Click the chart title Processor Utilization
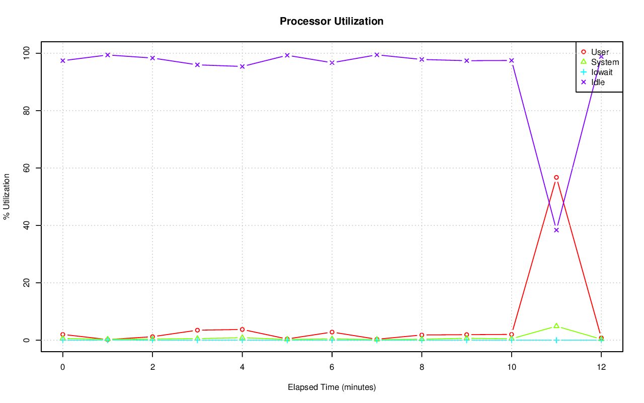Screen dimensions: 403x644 tap(332, 21)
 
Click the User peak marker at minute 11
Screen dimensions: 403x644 tap(556, 177)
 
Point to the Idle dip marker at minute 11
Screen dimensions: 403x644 tap(556, 230)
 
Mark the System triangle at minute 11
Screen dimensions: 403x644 tap(556, 326)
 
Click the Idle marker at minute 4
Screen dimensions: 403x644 tap(242, 66)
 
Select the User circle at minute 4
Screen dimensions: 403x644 tap(242, 330)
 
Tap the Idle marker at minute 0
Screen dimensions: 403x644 tap(62, 60)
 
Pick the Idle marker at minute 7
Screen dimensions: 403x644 tap(377, 55)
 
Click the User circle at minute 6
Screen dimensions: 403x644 tap(332, 332)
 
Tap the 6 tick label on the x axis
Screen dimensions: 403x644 tap(332, 367)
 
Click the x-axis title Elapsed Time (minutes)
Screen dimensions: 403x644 tap(332, 387)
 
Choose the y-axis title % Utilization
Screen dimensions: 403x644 tap(7, 196)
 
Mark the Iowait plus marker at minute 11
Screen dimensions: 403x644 tap(556, 340)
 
